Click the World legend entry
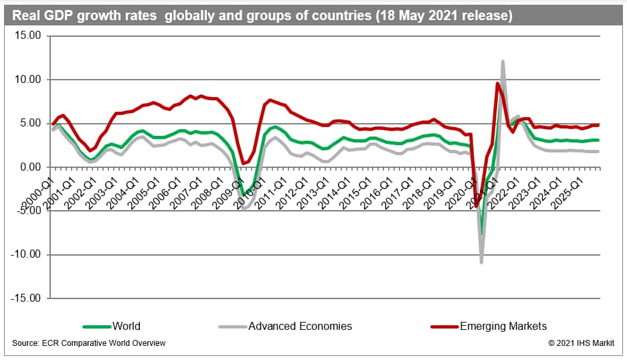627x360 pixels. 127,327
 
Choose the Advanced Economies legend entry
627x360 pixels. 300,327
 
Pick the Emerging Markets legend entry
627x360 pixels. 503,327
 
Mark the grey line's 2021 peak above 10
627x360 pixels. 503,62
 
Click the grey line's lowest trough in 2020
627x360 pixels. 481,262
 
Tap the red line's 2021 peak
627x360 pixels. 497,84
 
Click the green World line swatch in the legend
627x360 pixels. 96,327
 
